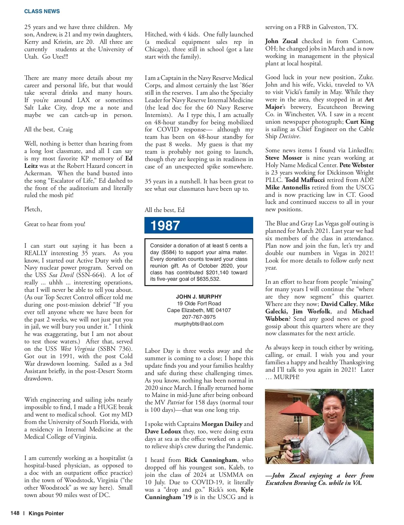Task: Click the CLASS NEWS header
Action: (x=42, y=11)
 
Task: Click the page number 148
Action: (x=15, y=513)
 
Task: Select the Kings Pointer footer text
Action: (x=46, y=513)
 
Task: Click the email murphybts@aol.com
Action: (x=199, y=324)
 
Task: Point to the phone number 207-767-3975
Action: (x=199, y=317)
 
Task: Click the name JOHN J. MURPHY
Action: (x=199, y=297)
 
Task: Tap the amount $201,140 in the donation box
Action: (x=217, y=273)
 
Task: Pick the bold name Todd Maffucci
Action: (x=305, y=180)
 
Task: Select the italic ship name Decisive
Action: (x=289, y=136)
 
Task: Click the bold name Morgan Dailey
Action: (x=222, y=424)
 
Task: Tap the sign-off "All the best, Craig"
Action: (x=48, y=129)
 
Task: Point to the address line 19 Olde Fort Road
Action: (x=199, y=304)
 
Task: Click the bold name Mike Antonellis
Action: (x=287, y=187)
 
